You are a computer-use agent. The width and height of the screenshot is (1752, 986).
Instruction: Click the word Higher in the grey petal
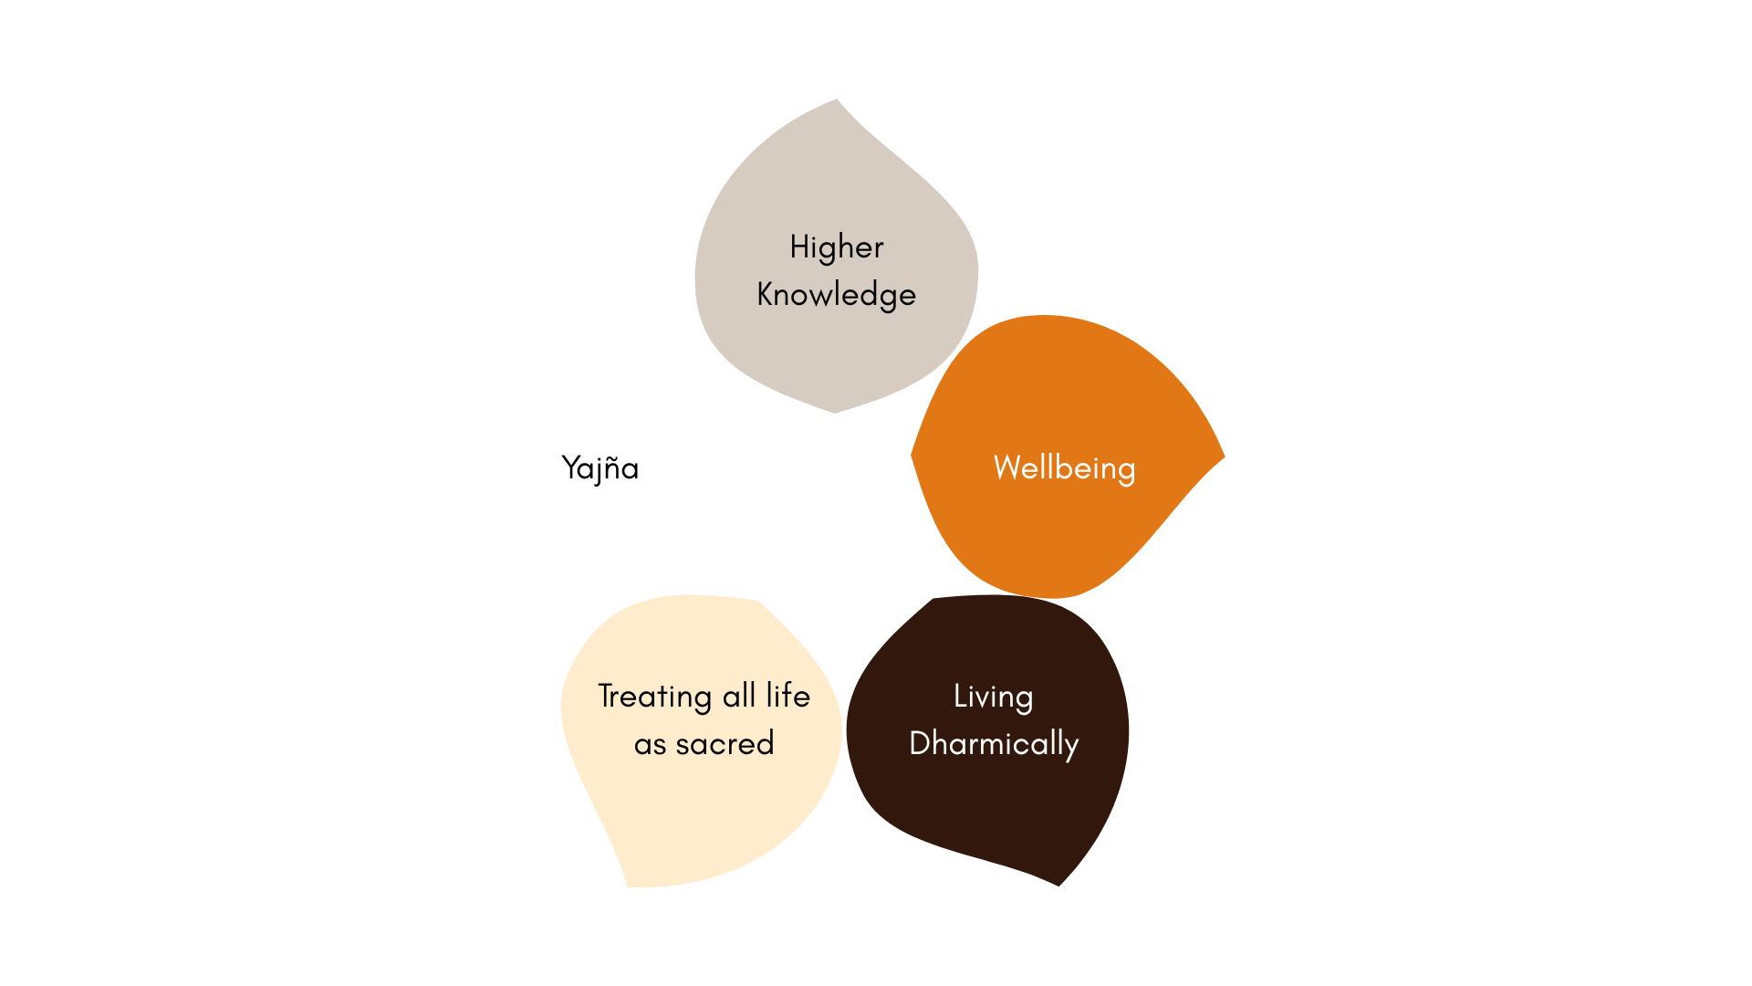tap(836, 247)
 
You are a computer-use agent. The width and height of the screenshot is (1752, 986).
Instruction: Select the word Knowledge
tap(836, 295)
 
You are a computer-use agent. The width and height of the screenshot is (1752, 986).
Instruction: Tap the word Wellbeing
tap(1064, 468)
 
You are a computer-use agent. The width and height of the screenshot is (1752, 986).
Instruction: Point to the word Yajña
tap(600, 468)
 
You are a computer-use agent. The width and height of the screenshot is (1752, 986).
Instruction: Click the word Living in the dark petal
tap(993, 697)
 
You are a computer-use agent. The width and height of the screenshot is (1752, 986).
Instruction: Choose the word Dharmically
tap(994, 744)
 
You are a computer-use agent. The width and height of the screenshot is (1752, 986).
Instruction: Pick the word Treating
tap(654, 697)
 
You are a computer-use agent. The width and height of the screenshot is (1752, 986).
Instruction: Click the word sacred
tap(725, 744)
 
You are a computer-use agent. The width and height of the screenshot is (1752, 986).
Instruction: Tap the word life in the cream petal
tap(787, 696)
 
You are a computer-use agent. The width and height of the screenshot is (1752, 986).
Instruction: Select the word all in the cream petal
tap(739, 696)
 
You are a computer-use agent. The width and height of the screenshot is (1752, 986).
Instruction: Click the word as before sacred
tap(650, 745)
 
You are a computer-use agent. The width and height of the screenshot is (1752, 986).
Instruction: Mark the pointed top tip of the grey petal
tap(836, 100)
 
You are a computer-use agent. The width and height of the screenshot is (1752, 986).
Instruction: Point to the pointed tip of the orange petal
tap(1223, 456)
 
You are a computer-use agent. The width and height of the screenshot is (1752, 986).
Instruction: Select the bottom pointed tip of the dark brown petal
tap(1058, 884)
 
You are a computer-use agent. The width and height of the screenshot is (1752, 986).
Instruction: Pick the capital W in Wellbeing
tap(1007, 467)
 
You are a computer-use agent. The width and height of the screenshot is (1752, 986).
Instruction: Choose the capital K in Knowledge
tap(766, 294)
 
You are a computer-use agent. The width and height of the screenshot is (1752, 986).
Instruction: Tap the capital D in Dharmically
tap(920, 743)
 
